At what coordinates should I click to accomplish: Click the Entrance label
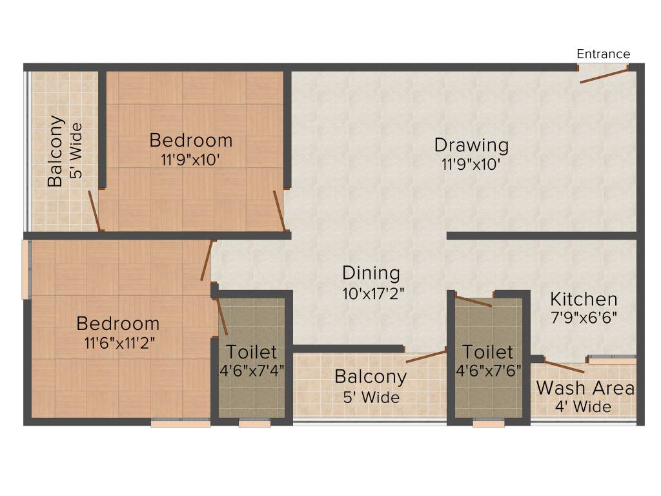(603, 54)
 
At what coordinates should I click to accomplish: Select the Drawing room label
(471, 145)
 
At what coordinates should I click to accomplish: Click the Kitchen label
(584, 300)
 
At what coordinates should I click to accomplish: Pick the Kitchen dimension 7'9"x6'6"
(584, 318)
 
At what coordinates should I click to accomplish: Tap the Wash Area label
(585, 388)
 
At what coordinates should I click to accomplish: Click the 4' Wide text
(583, 407)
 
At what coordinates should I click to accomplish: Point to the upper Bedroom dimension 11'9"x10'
(191, 159)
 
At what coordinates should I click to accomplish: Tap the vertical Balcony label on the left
(56, 151)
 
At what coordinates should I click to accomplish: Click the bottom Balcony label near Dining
(371, 377)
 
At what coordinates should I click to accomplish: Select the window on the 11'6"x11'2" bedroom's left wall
(26, 269)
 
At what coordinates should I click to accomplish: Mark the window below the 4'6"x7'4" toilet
(254, 424)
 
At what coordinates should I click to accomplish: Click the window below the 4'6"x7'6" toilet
(489, 424)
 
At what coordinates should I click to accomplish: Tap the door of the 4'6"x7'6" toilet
(474, 300)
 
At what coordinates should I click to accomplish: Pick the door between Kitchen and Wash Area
(564, 366)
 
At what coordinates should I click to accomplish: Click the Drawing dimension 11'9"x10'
(471, 164)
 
